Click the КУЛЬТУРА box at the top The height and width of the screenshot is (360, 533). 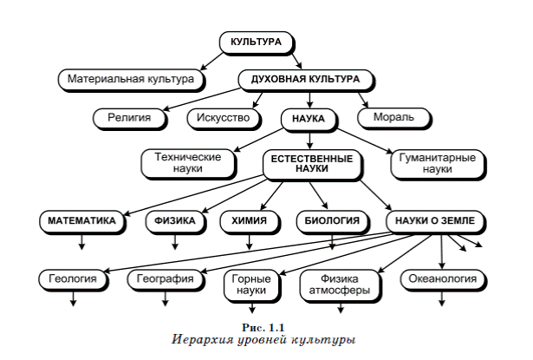(257, 43)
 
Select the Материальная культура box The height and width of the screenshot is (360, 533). (131, 80)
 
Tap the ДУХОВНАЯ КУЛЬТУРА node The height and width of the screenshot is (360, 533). (306, 80)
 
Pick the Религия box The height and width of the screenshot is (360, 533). (130, 119)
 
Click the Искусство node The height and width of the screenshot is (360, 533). (224, 119)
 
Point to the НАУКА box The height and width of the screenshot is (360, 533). (309, 120)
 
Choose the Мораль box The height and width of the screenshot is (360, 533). (394, 118)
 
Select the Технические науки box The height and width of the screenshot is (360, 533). (188, 164)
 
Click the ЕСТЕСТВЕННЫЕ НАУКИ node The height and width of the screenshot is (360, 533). (312, 165)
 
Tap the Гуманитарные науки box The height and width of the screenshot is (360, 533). (438, 164)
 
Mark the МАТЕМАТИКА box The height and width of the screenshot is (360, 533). (82, 221)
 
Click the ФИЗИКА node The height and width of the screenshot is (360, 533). (175, 221)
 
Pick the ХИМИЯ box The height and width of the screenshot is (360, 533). (250, 221)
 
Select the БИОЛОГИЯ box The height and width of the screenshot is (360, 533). (333, 221)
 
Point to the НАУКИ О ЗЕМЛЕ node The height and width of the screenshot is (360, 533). (436, 221)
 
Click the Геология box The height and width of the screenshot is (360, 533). (73, 279)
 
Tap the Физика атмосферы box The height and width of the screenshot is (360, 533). (341, 285)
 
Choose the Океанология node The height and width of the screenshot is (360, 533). (443, 279)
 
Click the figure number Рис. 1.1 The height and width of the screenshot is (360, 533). (263, 328)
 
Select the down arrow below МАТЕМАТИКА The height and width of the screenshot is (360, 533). (81, 242)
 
